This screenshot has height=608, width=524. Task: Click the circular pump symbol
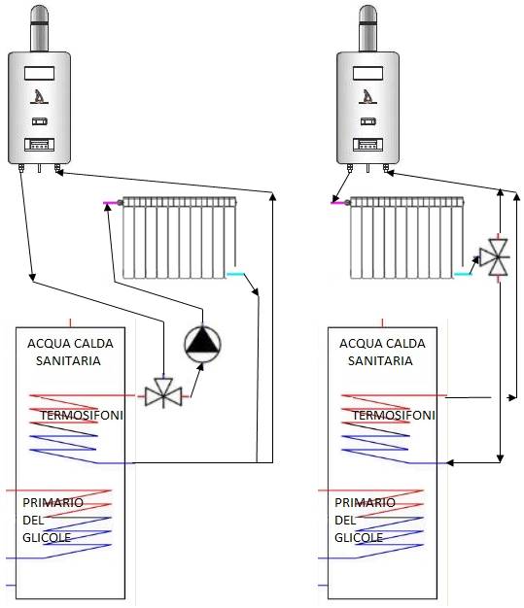tap(202, 345)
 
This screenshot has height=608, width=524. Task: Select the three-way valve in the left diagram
tap(163, 395)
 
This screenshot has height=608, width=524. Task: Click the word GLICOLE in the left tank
tap(47, 537)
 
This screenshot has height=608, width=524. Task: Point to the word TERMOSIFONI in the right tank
tap(394, 416)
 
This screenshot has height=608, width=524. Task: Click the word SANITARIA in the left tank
tap(68, 360)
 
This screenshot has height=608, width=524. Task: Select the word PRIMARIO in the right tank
tap(365, 502)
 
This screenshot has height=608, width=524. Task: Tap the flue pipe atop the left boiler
tap(39, 28)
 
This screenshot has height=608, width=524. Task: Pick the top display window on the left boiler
tap(39, 73)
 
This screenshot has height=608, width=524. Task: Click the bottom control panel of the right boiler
tap(367, 145)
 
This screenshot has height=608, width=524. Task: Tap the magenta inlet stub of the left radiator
tap(110, 203)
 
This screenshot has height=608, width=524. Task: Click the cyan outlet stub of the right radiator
tap(463, 274)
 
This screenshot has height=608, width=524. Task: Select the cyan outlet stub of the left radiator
tap(235, 274)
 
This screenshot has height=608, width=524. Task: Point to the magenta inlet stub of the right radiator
tap(337, 203)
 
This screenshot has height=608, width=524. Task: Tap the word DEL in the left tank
tap(33, 520)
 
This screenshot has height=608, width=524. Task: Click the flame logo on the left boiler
tap(40, 96)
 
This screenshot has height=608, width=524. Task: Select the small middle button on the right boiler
tap(367, 121)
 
